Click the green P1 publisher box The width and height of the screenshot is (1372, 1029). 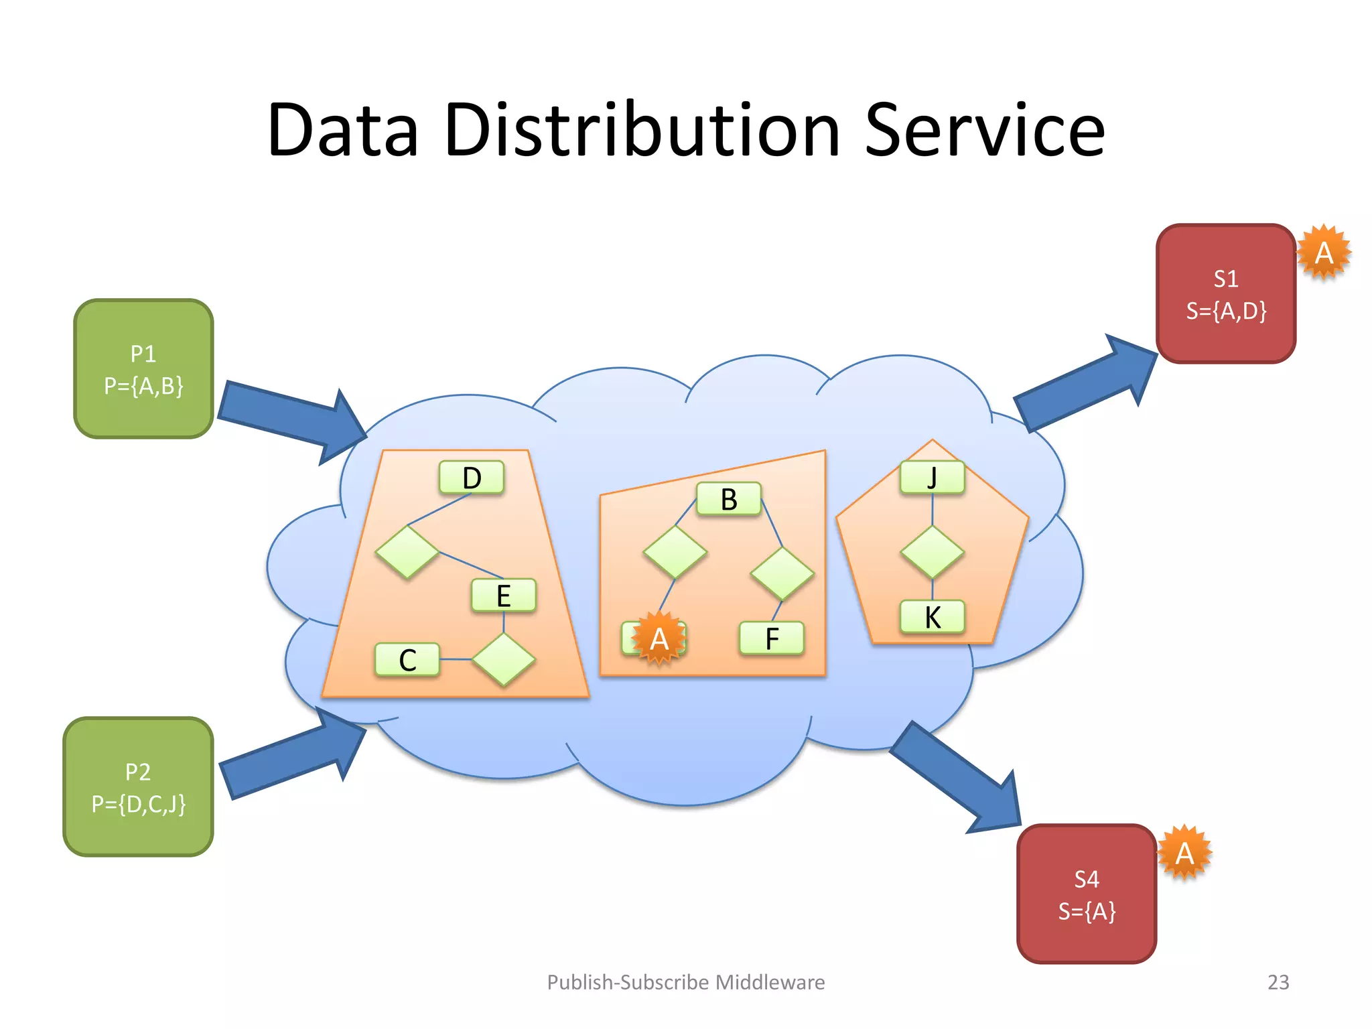point(143,369)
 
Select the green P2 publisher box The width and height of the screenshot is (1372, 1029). point(138,787)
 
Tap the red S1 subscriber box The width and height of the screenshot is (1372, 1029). point(1226,294)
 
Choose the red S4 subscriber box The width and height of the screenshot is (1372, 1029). point(1087,894)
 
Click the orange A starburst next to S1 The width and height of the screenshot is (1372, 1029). point(1324,253)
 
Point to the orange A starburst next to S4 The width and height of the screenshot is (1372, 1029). point(1184,853)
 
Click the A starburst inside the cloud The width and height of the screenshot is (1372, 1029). point(659,638)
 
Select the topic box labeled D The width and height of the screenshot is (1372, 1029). point(472,478)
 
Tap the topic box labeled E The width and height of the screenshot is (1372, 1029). point(503,596)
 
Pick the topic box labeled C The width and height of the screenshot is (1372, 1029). point(407,660)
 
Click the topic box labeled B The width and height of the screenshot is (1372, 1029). point(729,499)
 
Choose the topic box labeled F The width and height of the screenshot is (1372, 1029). point(772,638)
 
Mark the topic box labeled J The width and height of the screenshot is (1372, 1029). point(932,478)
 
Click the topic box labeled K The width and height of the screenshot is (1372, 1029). point(932,617)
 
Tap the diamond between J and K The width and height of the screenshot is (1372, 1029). point(932,552)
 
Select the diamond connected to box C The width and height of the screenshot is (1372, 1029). point(503,660)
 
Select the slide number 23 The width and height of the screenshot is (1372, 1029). point(1278,982)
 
